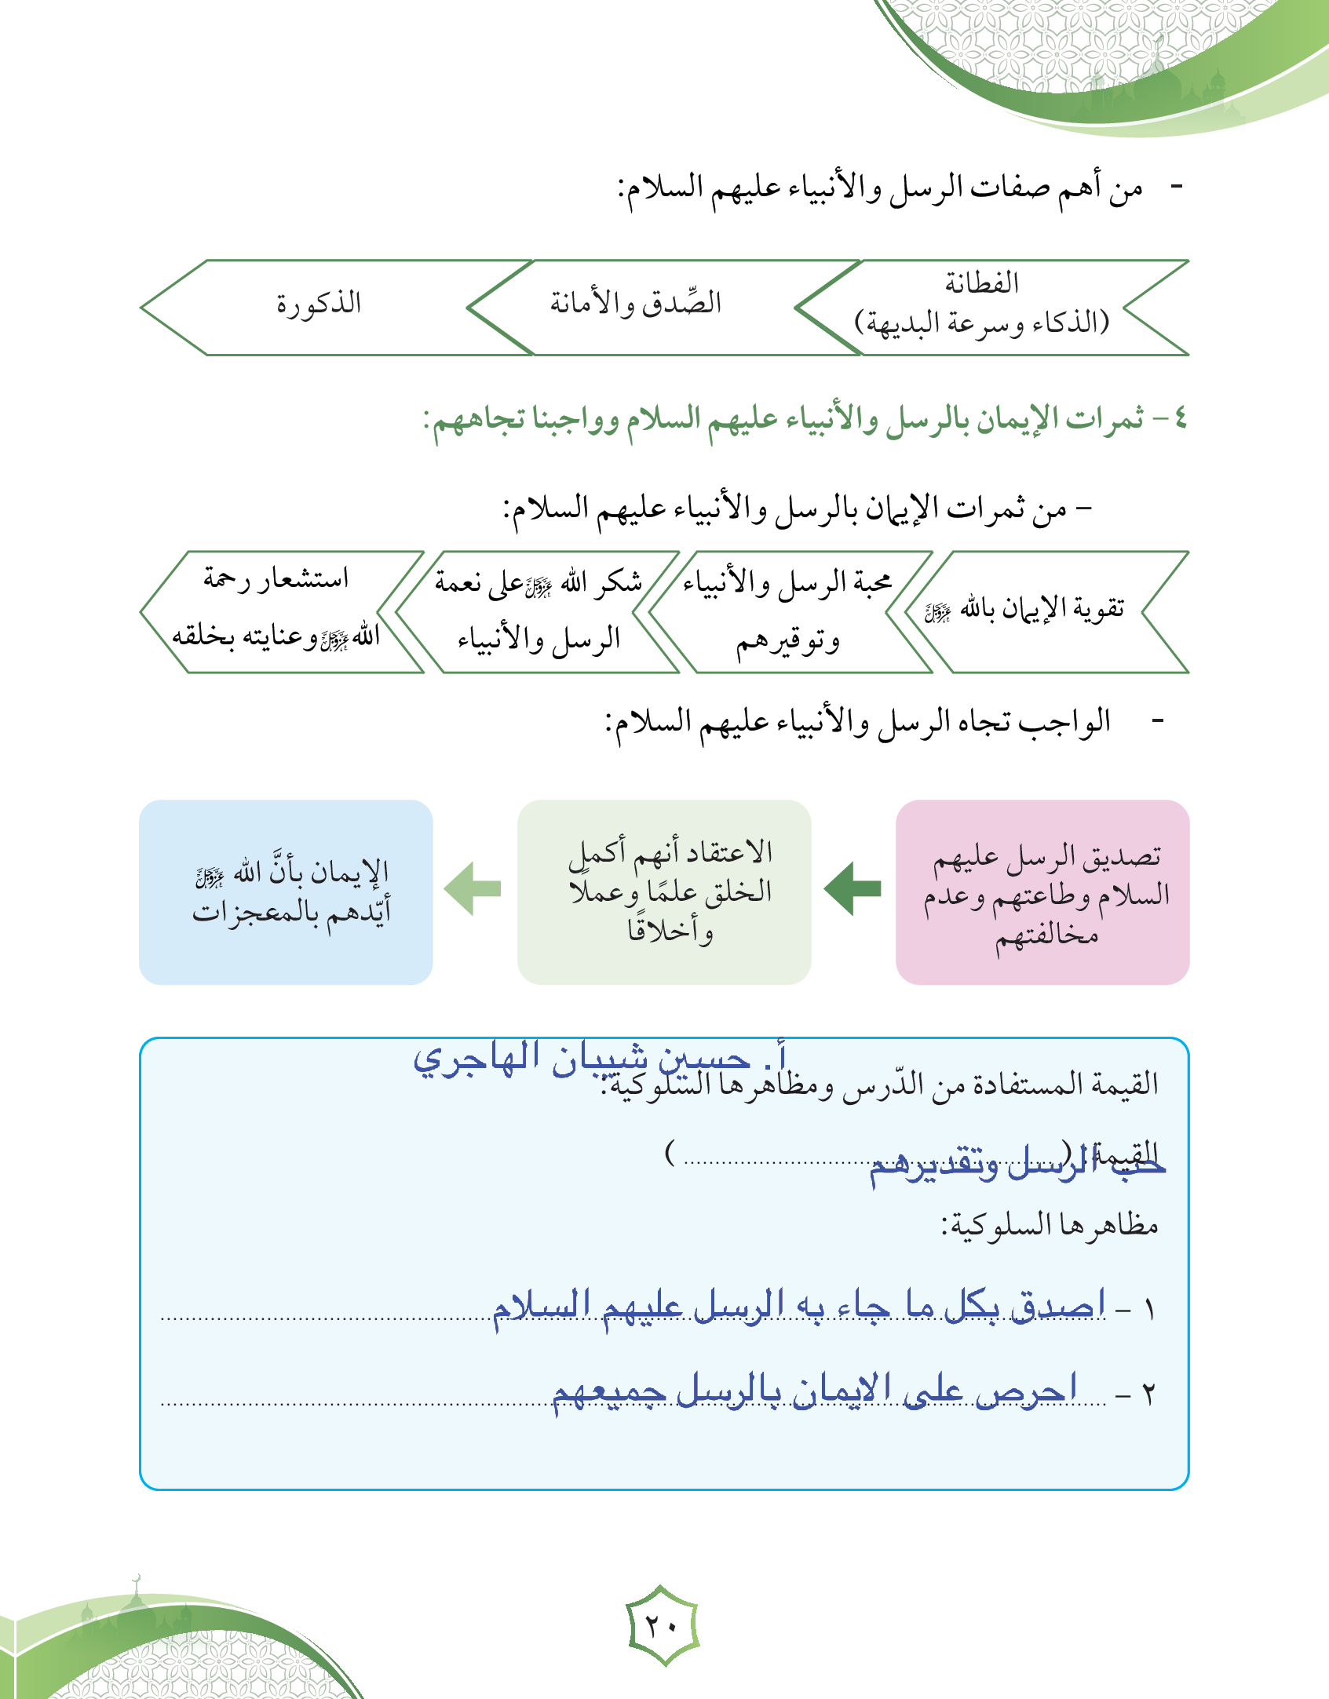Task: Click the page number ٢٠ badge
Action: pyautogui.click(x=663, y=1624)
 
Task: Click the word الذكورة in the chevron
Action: pyautogui.click(x=319, y=303)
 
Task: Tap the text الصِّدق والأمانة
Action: pyautogui.click(x=635, y=303)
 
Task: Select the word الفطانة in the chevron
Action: pyautogui.click(x=981, y=283)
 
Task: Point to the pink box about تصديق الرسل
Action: pyautogui.click(x=1042, y=892)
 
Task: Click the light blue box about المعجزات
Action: pyautogui.click(x=286, y=892)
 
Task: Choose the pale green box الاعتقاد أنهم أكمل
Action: pyautogui.click(x=664, y=892)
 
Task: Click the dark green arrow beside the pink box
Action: pyautogui.click(x=853, y=888)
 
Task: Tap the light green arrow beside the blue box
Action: pyautogui.click(x=473, y=888)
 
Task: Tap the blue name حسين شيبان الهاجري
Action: pyautogui.click(x=600, y=1059)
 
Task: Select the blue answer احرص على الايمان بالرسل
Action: pyautogui.click(x=813, y=1391)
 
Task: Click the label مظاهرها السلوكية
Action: pyautogui.click(x=1050, y=1225)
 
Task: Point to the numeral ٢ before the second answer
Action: pyautogui.click(x=1148, y=1395)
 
